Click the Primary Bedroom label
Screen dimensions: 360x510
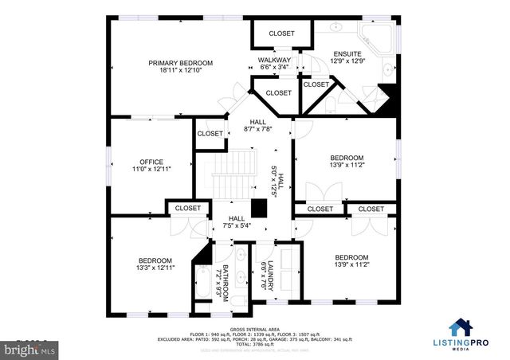pyautogui.click(x=181, y=63)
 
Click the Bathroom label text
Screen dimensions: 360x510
pyautogui.click(x=226, y=280)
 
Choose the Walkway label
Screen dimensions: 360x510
pyautogui.click(x=274, y=60)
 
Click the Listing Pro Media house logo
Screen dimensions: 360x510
pyautogui.click(x=461, y=327)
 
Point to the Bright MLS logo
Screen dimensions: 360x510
pyautogui.click(x=24, y=349)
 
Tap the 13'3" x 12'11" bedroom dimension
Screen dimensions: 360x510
pyautogui.click(x=155, y=268)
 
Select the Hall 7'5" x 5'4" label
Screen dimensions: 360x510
pyautogui.click(x=237, y=222)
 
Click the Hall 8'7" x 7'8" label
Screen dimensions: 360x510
pyautogui.click(x=259, y=126)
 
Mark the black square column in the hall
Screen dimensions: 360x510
pyautogui.click(x=257, y=206)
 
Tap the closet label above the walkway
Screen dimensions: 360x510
pyautogui.click(x=281, y=33)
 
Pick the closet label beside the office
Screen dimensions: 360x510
pyautogui.click(x=210, y=134)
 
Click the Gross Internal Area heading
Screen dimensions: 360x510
pyautogui.click(x=255, y=328)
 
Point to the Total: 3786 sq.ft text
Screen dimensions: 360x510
pyautogui.click(x=255, y=344)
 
